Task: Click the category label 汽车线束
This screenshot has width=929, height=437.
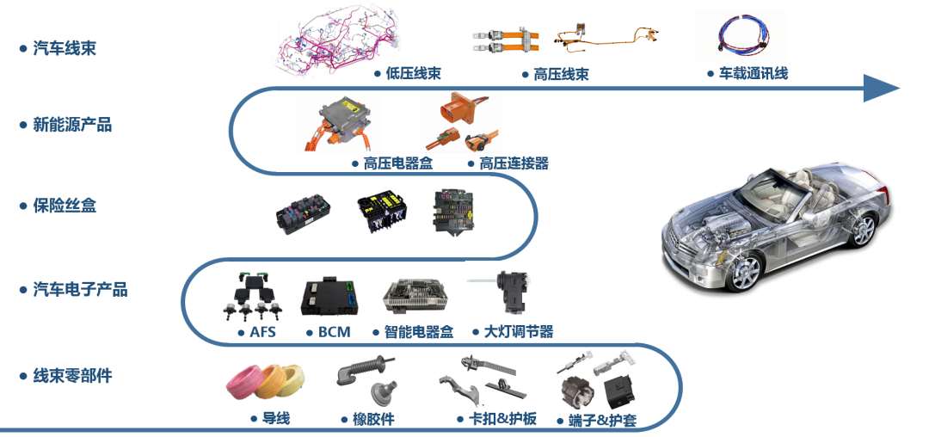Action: [64, 48]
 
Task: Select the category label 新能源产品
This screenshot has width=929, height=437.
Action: [72, 126]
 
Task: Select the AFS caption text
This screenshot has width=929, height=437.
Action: [262, 332]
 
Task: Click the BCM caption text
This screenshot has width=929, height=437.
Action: [333, 332]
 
